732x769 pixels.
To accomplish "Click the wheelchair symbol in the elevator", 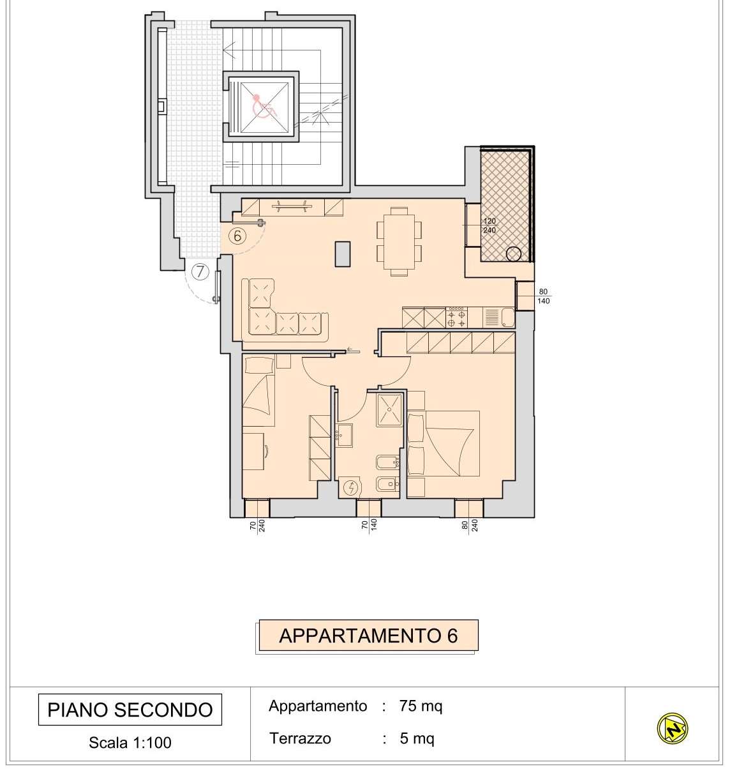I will click(x=264, y=106).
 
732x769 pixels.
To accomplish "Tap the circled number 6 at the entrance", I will click(x=237, y=236).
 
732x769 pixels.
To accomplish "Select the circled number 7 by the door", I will click(x=200, y=272).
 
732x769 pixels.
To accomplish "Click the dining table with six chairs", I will click(x=399, y=241).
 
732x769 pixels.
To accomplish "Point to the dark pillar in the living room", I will click(x=342, y=253).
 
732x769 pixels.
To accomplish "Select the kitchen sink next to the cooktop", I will click(x=492, y=317).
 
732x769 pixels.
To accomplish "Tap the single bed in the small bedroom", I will click(x=258, y=392).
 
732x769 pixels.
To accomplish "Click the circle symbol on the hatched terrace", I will click(x=514, y=254).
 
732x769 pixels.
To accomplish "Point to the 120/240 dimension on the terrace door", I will click(x=489, y=225).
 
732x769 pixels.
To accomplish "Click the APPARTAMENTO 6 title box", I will click(x=368, y=636).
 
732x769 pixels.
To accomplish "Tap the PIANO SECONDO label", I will click(x=130, y=710).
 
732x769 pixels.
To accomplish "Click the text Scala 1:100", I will click(x=130, y=742).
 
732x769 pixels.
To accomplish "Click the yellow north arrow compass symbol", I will click(x=673, y=727).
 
